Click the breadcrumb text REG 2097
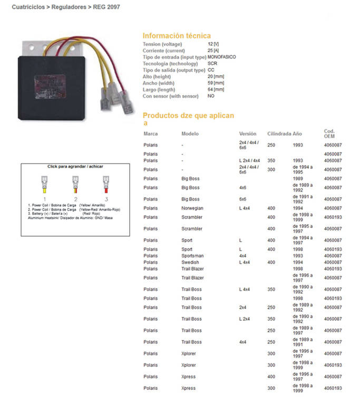coord(107,7)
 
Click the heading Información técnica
coord(177,35)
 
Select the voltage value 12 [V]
coord(213,44)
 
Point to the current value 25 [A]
coord(213,50)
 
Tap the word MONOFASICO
coord(222,56)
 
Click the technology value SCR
coord(211,63)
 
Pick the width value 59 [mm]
coord(216,83)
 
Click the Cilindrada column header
coord(278,134)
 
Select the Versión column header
coord(248,134)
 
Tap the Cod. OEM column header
coord(329,133)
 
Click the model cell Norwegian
coord(192,208)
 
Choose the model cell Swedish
coord(190,262)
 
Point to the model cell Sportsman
coord(192,256)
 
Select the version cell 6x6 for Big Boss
coord(243,199)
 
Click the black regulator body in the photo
coord(53,79)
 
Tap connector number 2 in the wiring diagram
coord(76,199)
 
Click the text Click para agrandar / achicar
coord(75,166)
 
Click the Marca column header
coord(150,134)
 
